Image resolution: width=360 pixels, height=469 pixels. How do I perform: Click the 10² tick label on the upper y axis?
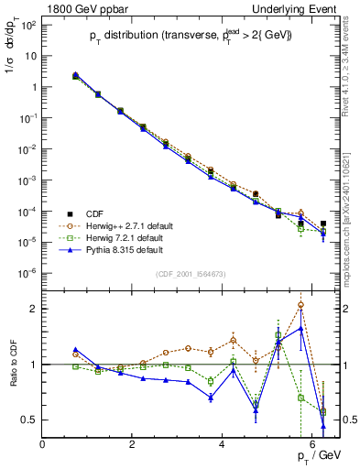[x=27, y=24]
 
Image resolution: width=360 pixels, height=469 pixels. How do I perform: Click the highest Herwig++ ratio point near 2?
[x=300, y=305]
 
